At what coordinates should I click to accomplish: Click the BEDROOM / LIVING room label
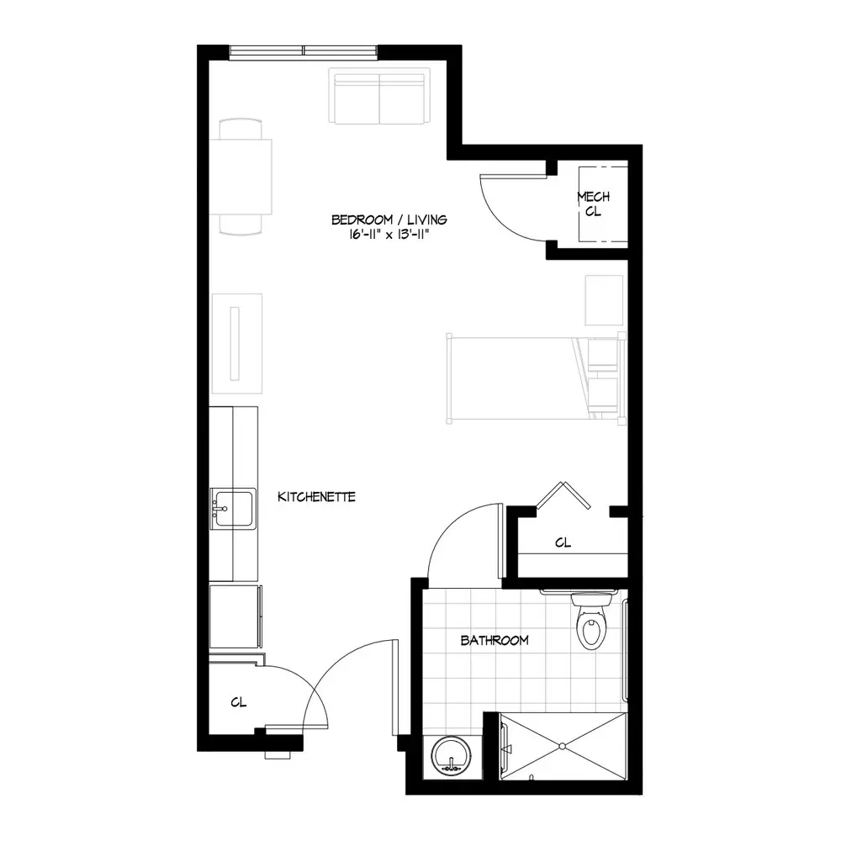pyautogui.click(x=389, y=220)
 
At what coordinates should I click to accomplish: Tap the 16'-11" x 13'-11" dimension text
pyautogui.click(x=389, y=235)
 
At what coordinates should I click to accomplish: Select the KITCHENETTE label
pyautogui.click(x=316, y=497)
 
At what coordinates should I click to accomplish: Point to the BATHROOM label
pyautogui.click(x=495, y=640)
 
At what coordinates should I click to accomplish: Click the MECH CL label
pyautogui.click(x=593, y=204)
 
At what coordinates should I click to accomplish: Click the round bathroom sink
pyautogui.click(x=451, y=756)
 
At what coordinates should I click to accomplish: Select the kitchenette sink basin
pyautogui.click(x=232, y=509)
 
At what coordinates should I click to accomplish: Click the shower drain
pyautogui.click(x=562, y=746)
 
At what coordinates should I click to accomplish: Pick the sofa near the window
pyautogui.click(x=380, y=96)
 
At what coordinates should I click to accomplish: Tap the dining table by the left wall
pyautogui.click(x=241, y=177)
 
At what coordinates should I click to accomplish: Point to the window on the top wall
pyautogui.click(x=304, y=51)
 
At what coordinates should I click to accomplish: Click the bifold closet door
pyautogui.click(x=563, y=495)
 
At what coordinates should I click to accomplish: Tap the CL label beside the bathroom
pyautogui.click(x=563, y=542)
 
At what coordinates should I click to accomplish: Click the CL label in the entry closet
pyautogui.click(x=239, y=702)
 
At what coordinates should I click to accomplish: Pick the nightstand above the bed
pyautogui.click(x=604, y=300)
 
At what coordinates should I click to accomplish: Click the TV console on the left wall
pyautogui.click(x=237, y=344)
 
